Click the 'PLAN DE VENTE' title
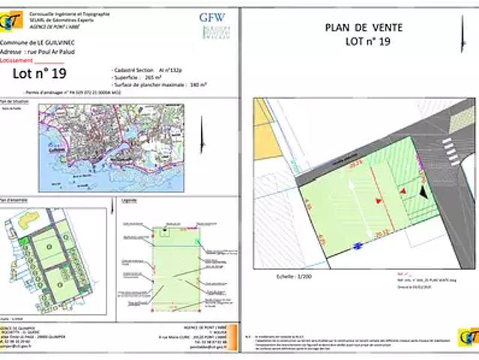tap(364, 27)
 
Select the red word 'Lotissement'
tap(17, 60)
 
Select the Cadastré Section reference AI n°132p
tap(162, 68)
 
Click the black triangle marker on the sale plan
tap(425, 192)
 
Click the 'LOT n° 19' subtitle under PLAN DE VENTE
tap(368, 42)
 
